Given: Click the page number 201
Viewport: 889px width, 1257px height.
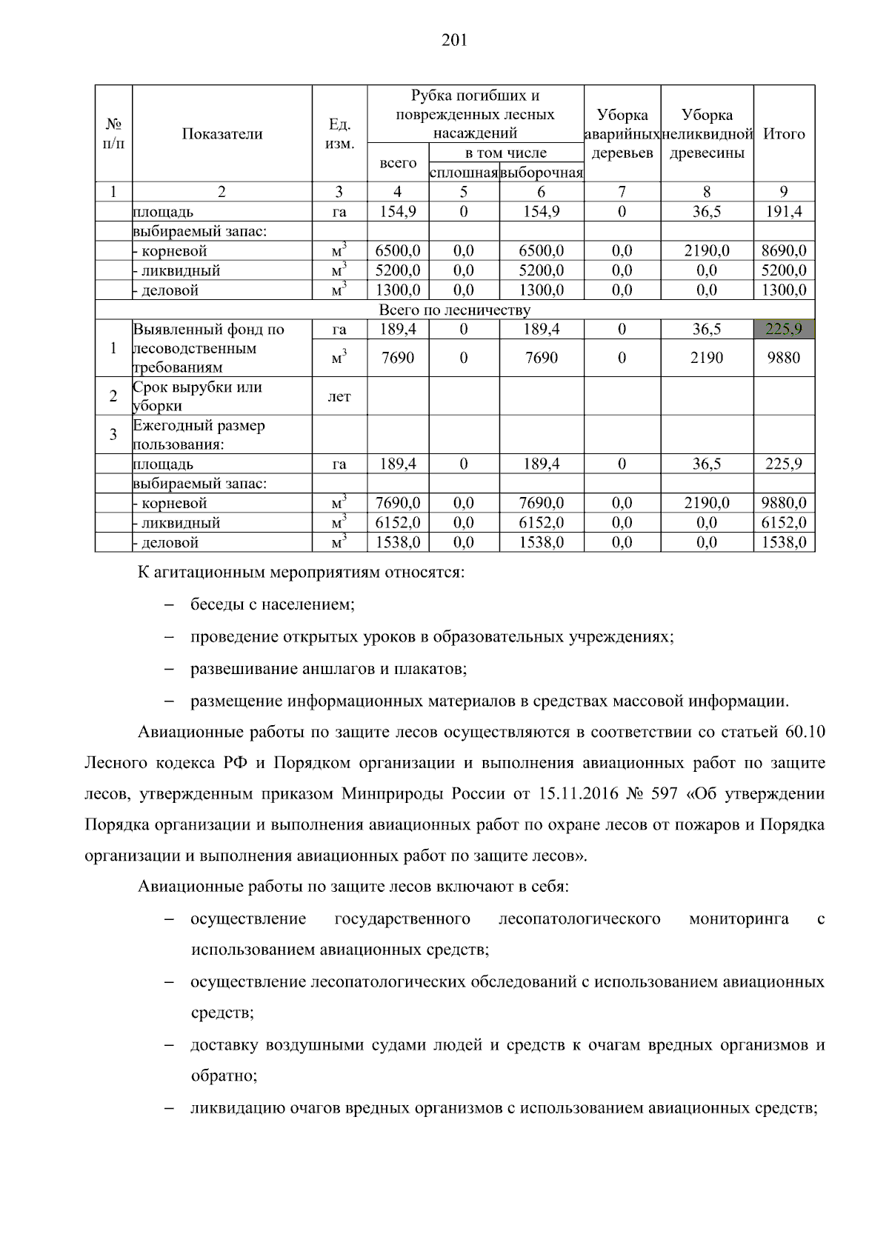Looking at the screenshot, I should pyautogui.click(x=454, y=41).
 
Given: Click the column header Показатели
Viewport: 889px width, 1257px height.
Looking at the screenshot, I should pyautogui.click(x=222, y=134).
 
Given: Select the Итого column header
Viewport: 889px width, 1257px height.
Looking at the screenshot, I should pyautogui.click(x=784, y=134).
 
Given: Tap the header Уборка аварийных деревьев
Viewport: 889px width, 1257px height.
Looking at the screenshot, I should pyautogui.click(x=622, y=134).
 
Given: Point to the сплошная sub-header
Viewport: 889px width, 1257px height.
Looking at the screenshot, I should pyautogui.click(x=464, y=173).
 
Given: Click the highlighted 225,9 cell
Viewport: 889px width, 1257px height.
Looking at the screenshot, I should pyautogui.click(x=784, y=329).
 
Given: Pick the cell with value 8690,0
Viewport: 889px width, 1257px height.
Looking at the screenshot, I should pyautogui.click(x=784, y=251).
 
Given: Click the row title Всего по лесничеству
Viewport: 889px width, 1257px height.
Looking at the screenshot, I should pyautogui.click(x=454, y=310).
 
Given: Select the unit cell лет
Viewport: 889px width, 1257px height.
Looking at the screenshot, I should pyautogui.click(x=339, y=397).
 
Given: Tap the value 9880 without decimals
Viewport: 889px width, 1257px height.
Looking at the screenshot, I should pyautogui.click(x=784, y=358).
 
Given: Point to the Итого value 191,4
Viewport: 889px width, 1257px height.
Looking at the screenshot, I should pyautogui.click(x=784, y=212).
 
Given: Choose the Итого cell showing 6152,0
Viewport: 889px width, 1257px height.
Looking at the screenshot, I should pyautogui.click(x=784, y=523).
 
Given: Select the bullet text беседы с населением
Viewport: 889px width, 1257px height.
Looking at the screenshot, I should pyautogui.click(x=273, y=604).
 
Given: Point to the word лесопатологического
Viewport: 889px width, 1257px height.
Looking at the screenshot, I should pyautogui.click(x=579, y=919).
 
